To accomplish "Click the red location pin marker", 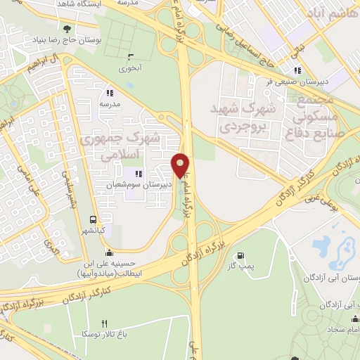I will tap(181, 165).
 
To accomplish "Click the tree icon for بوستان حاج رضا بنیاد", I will tap(67, 29).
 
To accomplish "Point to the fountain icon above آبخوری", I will tap(130, 57).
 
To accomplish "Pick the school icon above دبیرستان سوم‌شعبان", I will tap(138, 173).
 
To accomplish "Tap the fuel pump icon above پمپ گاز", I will tap(243, 256).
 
